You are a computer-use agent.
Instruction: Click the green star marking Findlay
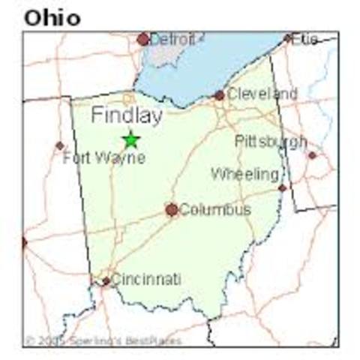[130, 139]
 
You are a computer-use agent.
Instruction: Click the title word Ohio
[52, 16]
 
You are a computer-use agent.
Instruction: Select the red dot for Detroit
[143, 39]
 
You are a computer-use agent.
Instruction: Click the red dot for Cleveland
[219, 95]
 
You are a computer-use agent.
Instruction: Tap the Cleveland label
[262, 94]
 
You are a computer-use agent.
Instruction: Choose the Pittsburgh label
[270, 141]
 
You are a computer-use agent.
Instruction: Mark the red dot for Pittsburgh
[312, 155]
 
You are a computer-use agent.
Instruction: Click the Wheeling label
[244, 174]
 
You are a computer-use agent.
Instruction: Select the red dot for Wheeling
[282, 187]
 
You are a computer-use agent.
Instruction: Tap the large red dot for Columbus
[172, 210]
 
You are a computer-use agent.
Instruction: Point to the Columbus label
[214, 210]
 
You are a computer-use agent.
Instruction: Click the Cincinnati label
[146, 279]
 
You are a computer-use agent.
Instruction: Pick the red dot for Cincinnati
[106, 281]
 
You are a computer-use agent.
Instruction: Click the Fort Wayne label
[103, 158]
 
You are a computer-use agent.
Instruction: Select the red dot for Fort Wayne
[59, 145]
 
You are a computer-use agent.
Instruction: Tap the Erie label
[304, 38]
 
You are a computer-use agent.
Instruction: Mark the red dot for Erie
[287, 37]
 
